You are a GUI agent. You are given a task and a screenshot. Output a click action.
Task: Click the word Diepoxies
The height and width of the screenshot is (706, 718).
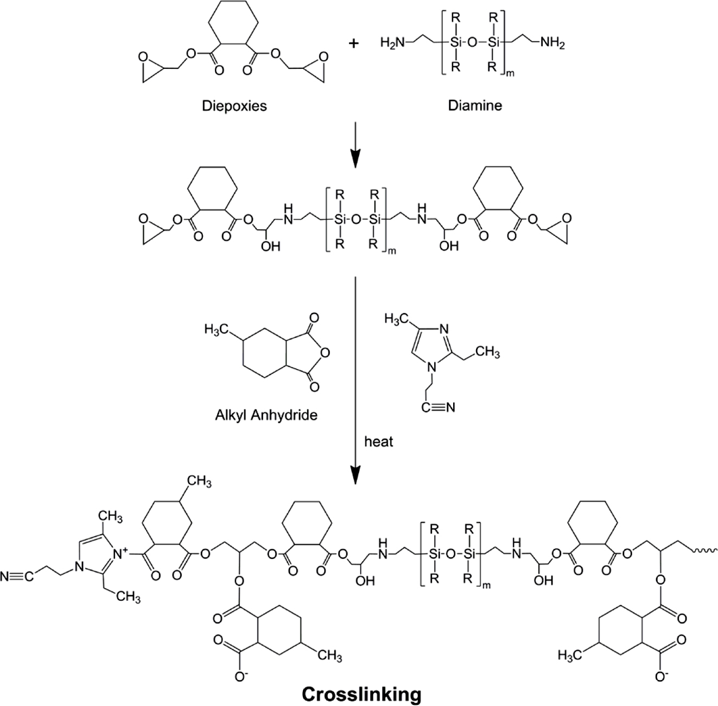[x=234, y=105]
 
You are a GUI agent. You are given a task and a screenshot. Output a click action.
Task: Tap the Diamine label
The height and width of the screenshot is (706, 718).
[x=475, y=105]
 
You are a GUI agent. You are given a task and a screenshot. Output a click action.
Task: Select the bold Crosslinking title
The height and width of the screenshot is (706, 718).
[x=361, y=694]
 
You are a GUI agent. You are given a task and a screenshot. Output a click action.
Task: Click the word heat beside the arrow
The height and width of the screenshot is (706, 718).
[x=379, y=441]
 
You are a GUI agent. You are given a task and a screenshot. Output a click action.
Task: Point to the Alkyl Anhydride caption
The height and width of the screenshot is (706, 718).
[x=265, y=415]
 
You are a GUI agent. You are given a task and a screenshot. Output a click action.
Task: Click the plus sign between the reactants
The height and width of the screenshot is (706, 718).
[x=354, y=43]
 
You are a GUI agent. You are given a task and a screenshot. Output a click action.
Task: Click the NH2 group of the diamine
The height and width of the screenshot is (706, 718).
[x=552, y=42]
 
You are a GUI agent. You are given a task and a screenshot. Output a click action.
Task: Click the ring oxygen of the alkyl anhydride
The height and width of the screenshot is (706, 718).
[x=325, y=354]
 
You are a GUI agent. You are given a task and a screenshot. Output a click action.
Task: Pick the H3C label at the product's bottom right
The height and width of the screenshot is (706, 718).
[x=570, y=655]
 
